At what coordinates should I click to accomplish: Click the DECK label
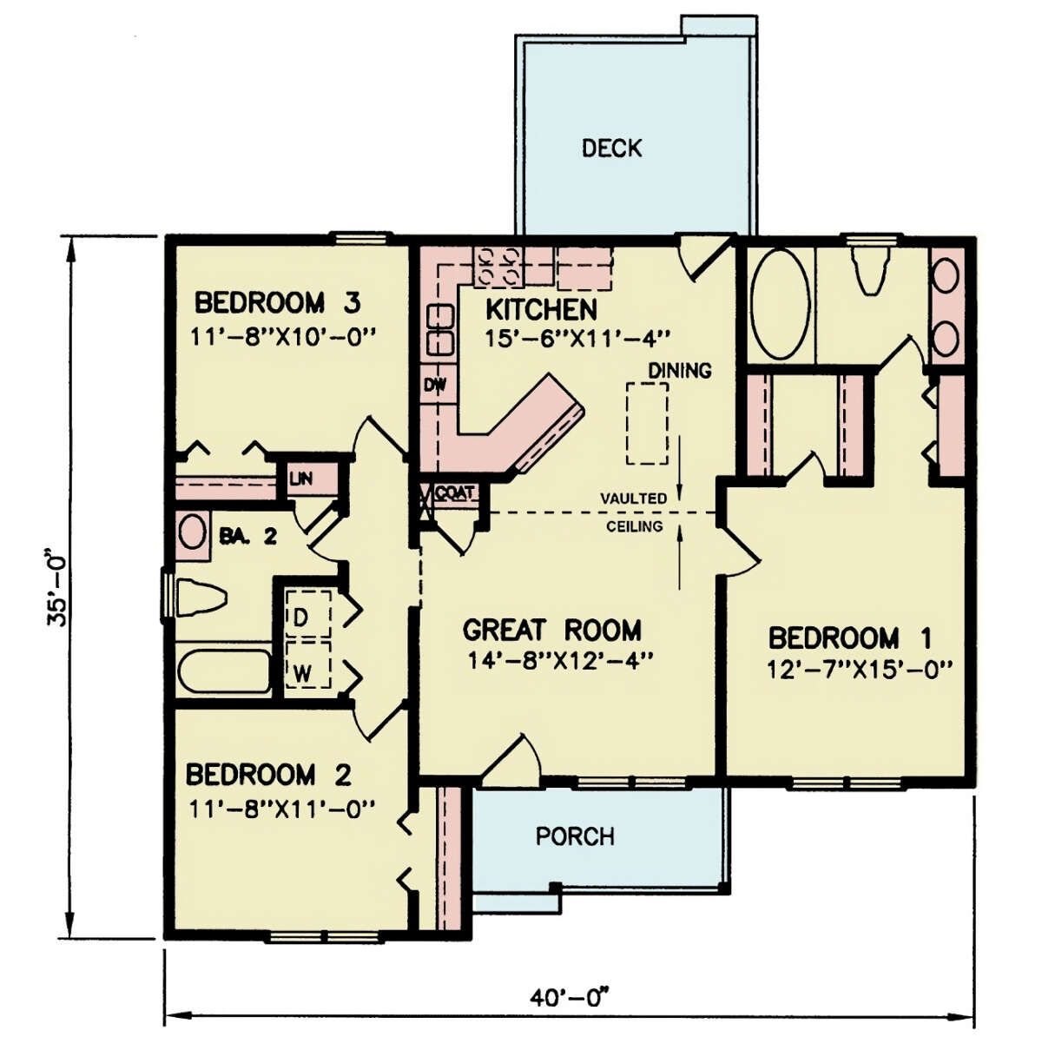(611, 148)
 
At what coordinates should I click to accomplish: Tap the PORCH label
(575, 836)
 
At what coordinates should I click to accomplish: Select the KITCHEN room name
(541, 309)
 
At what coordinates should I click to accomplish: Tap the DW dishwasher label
(435, 385)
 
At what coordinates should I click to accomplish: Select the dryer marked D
(307, 614)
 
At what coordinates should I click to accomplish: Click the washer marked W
(307, 664)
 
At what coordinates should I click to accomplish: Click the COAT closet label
(454, 492)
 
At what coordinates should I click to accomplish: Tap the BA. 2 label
(248, 536)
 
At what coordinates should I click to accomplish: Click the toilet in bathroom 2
(200, 598)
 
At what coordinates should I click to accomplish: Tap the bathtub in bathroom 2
(225, 670)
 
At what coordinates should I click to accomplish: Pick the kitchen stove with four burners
(497, 267)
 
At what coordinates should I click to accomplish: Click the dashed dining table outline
(647, 422)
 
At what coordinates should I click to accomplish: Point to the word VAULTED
(634, 499)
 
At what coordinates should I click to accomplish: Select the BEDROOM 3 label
(277, 302)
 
